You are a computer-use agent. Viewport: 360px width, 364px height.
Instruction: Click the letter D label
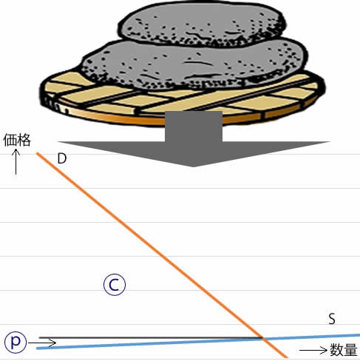[62, 158]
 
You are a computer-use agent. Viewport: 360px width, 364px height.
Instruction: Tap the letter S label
[332, 319]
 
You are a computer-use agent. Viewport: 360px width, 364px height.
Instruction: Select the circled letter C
[115, 285]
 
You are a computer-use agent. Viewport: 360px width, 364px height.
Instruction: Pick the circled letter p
[16, 342]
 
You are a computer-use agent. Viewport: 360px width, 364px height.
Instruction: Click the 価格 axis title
[17, 140]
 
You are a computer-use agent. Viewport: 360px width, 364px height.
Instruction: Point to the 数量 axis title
[344, 350]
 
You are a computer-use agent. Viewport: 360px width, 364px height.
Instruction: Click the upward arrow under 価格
[16, 161]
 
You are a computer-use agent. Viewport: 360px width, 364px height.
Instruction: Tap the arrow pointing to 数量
[313, 350]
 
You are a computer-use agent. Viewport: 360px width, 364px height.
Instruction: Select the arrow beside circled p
[42, 343]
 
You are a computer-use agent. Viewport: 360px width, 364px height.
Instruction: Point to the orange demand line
[162, 255]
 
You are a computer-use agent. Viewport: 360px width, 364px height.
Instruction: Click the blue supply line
[198, 341]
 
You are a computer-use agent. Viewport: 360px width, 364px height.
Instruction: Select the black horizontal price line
[150, 337]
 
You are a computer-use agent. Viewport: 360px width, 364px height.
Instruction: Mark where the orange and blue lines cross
[263, 338]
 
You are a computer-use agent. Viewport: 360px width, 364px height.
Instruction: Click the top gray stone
[202, 24]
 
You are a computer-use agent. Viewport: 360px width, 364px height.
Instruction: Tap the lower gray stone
[194, 65]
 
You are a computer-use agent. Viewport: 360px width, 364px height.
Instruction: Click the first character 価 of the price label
[10, 140]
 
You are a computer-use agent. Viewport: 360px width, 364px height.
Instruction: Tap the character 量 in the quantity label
[350, 350]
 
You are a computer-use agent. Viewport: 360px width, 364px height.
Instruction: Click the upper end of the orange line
[37, 153]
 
